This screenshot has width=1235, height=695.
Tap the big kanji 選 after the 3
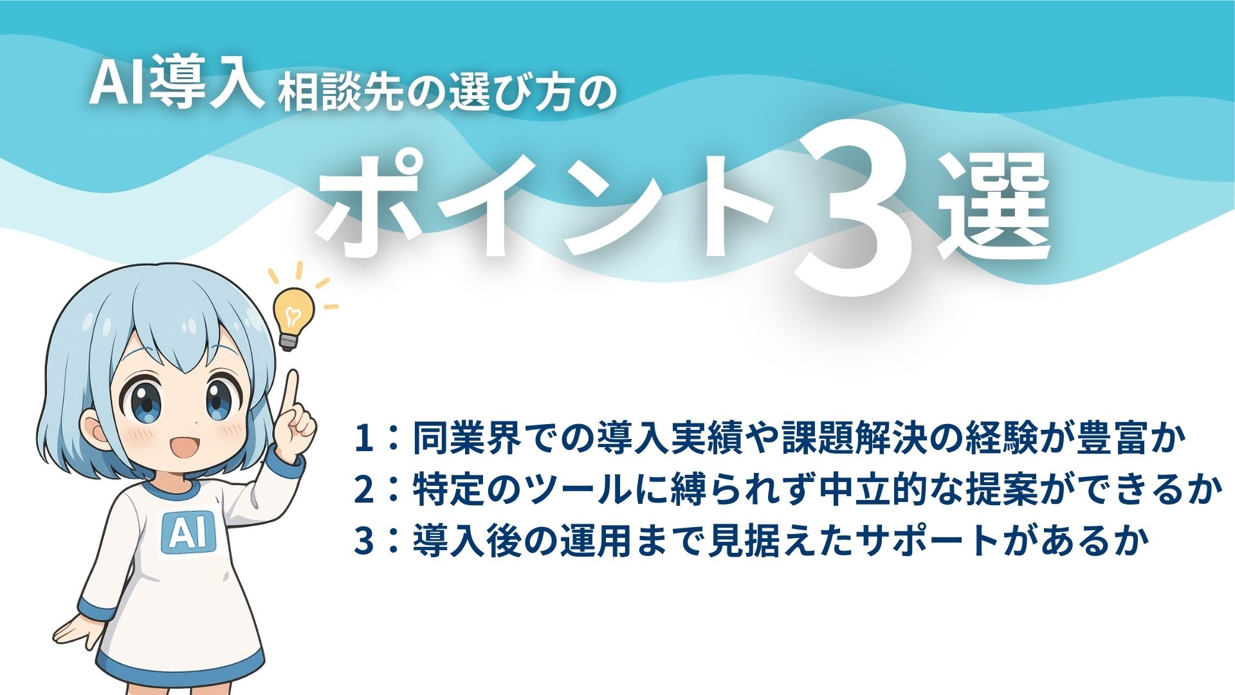coord(994,209)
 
